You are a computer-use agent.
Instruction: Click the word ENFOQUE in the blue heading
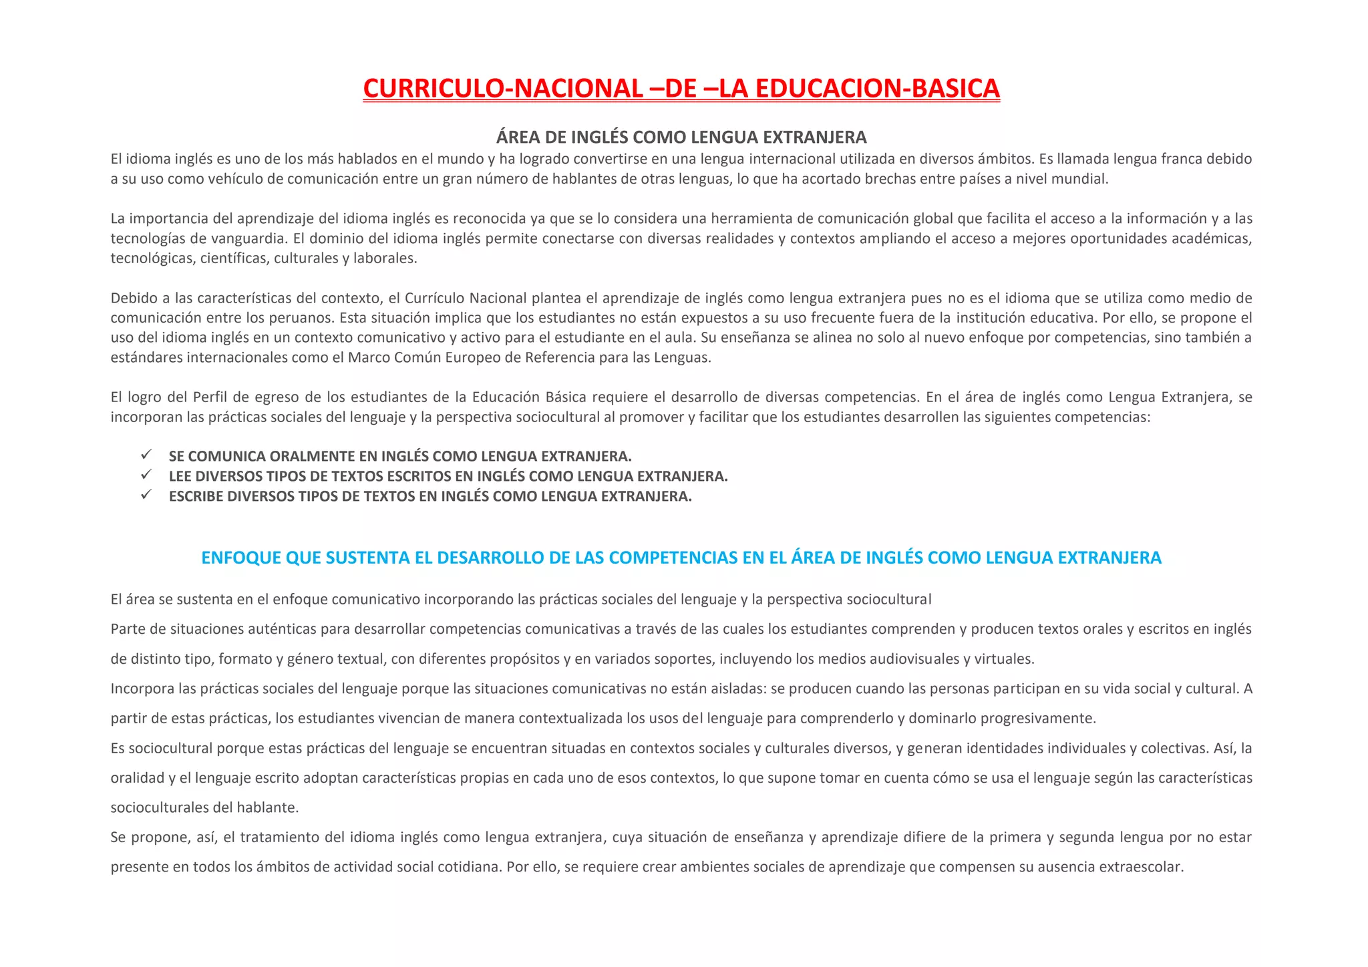coord(240,558)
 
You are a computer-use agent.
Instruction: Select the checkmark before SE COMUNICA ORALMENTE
coord(147,455)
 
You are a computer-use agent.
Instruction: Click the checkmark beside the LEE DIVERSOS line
coord(147,475)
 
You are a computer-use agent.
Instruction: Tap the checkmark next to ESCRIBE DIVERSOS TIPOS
coord(147,495)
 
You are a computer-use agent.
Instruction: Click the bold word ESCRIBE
coord(196,497)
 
